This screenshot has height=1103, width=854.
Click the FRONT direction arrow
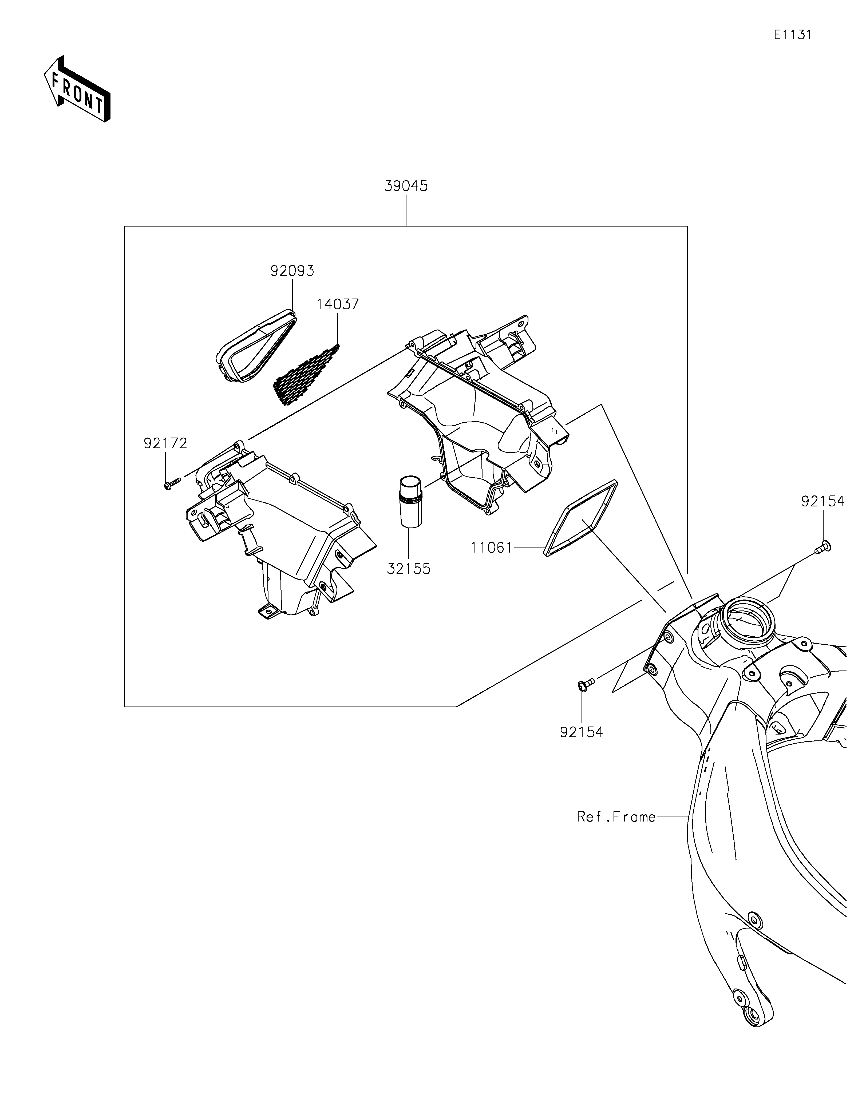pos(77,88)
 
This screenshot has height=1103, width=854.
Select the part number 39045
pos(406,186)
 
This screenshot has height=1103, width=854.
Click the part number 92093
pos(292,271)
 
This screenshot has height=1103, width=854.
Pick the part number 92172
pos(165,443)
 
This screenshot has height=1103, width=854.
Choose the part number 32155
pos(409,569)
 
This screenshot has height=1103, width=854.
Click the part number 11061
pos(491,547)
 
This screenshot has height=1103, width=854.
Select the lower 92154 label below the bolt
pos(581,732)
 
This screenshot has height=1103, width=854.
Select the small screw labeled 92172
pos(172,484)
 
